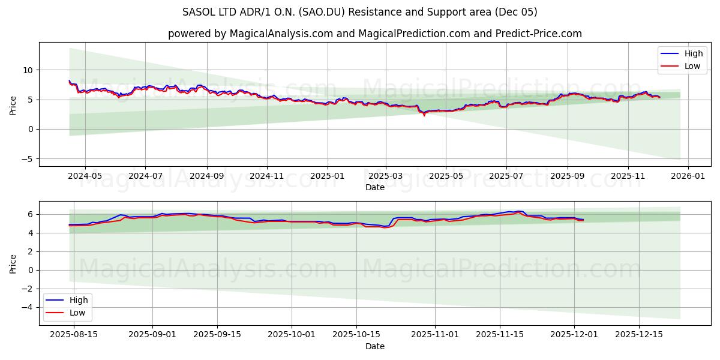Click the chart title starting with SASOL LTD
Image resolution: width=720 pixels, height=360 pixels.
tap(360, 12)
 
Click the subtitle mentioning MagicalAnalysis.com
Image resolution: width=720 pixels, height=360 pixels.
tap(374, 34)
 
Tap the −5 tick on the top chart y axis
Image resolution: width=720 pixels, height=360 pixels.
tap(27, 159)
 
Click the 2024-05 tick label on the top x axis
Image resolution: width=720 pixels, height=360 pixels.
tap(85, 176)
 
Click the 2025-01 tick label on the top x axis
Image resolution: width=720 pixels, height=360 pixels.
tap(328, 176)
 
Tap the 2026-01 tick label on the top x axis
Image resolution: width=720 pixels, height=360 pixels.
tap(688, 176)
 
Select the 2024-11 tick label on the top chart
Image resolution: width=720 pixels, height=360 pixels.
tap(266, 176)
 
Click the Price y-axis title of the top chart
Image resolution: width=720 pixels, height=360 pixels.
tap(13, 104)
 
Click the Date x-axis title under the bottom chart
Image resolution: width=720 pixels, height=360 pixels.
tap(374, 346)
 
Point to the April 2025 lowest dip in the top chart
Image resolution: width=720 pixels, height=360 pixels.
tap(424, 115)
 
